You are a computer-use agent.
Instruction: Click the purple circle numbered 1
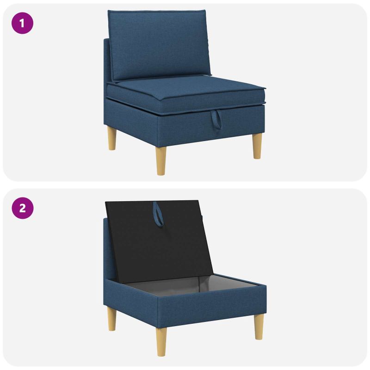(x=22, y=23)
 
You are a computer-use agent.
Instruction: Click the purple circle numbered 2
(x=22, y=208)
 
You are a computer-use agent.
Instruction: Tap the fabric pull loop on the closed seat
(x=216, y=119)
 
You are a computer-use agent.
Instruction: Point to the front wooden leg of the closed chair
(x=161, y=160)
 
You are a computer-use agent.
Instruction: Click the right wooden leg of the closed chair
(x=257, y=146)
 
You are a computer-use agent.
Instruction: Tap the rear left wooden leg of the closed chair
(x=112, y=138)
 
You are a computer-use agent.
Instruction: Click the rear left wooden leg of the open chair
(x=112, y=319)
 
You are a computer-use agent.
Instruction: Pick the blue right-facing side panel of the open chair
(x=212, y=306)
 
